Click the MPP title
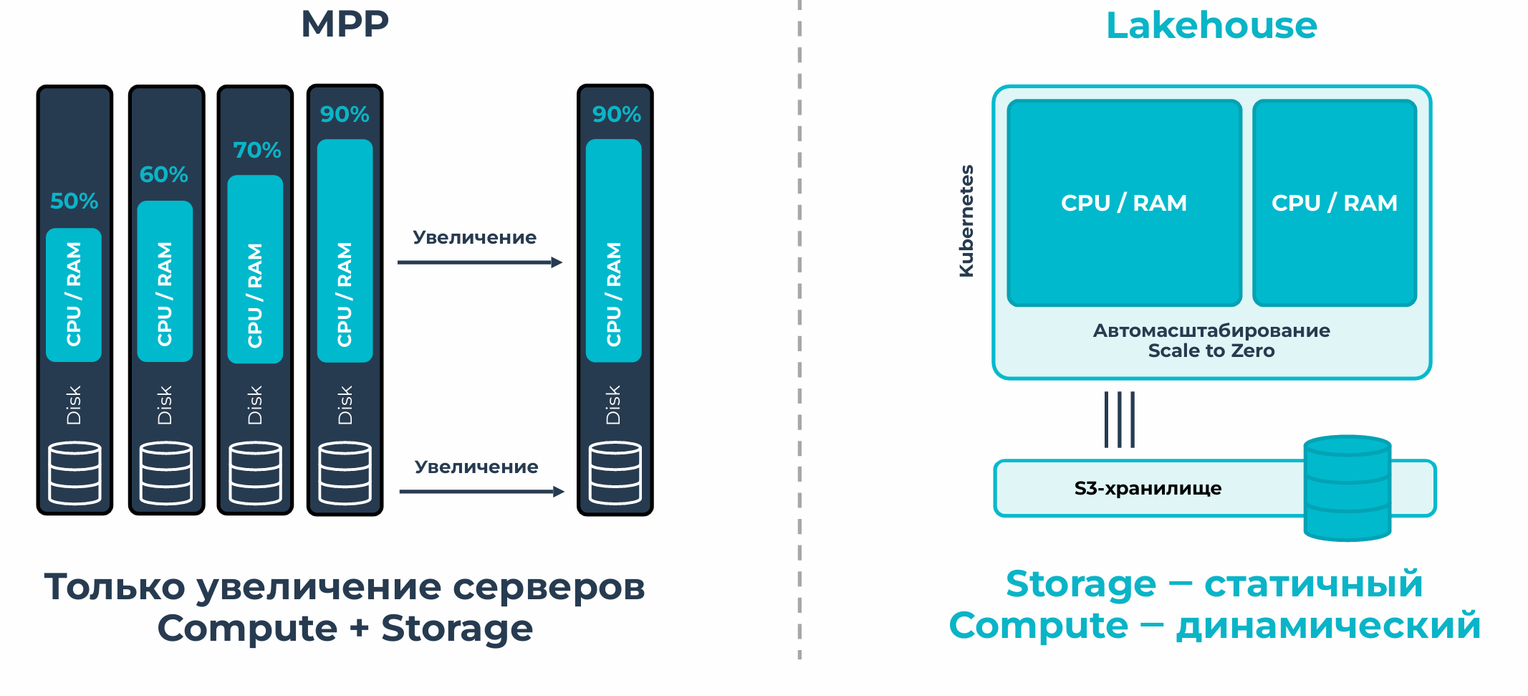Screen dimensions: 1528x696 click(345, 24)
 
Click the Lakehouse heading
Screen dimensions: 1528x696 click(1211, 25)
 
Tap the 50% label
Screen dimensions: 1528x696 click(74, 201)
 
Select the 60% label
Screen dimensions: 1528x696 click(164, 174)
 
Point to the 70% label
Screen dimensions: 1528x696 click(256, 150)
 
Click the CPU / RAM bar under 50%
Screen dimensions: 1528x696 click(74, 295)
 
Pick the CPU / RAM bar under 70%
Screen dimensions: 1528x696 click(255, 270)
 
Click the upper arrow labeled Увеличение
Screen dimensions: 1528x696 click(480, 262)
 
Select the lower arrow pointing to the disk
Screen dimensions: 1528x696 click(482, 492)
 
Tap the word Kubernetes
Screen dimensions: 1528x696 click(966, 221)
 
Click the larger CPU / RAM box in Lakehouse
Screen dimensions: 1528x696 click(1124, 203)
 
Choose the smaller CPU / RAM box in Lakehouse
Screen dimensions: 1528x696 click(1335, 203)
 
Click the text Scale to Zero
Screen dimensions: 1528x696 click(1211, 351)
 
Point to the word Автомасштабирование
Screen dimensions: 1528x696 click(1211, 330)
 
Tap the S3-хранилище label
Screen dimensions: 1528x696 click(1148, 488)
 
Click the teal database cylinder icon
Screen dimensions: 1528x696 click(1347, 488)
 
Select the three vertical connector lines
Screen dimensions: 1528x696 click(1120, 419)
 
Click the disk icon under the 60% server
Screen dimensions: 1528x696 click(166, 473)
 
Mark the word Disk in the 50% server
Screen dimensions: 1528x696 click(74, 405)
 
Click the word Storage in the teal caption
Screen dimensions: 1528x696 click(1081, 583)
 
